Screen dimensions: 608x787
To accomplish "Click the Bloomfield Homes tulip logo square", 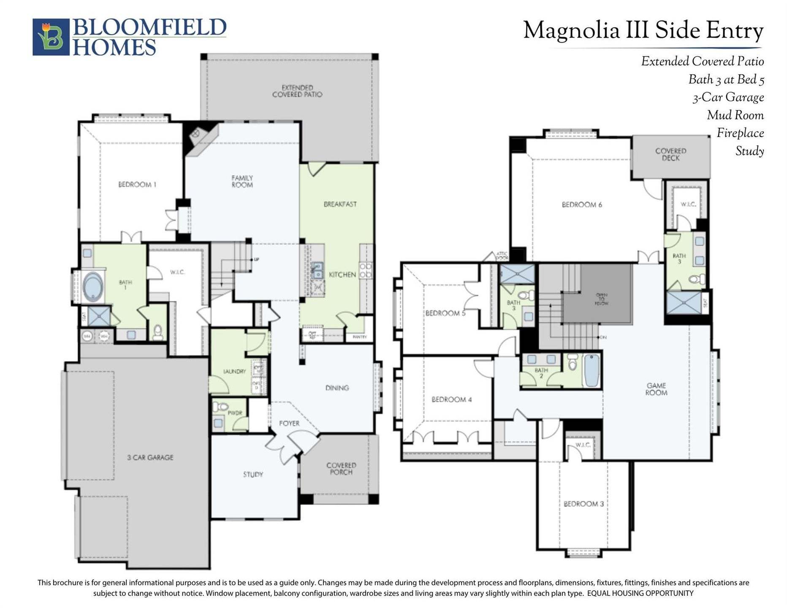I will [x=51, y=37].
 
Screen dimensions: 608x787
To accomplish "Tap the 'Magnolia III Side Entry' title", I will [x=643, y=30].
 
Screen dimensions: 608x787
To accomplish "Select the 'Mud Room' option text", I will [x=735, y=115].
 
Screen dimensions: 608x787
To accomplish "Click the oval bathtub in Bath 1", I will [x=93, y=286].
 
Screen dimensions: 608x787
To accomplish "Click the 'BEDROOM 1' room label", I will [x=137, y=185].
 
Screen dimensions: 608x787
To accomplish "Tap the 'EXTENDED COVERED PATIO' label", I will [x=297, y=91].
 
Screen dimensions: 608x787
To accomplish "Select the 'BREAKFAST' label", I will [x=340, y=204].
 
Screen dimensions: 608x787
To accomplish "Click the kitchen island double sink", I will [x=317, y=270].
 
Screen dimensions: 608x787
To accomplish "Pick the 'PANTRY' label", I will [x=359, y=337].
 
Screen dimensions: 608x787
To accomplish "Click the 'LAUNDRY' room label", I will [x=234, y=371].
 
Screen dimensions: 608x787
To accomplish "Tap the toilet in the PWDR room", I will [x=220, y=407].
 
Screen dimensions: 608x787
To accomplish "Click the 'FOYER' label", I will [x=289, y=423].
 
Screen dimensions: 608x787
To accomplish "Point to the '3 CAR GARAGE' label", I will [x=150, y=457].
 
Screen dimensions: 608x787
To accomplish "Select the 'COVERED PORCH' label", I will [x=341, y=469].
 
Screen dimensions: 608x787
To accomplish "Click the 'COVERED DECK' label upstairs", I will [x=670, y=155].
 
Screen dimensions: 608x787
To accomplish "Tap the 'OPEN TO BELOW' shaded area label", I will [x=601, y=299].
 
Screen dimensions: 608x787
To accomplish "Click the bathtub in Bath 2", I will [x=592, y=370].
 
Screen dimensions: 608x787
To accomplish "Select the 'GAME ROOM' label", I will [x=656, y=389].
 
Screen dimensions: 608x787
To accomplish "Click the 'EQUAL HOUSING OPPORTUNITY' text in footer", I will [x=640, y=593].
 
